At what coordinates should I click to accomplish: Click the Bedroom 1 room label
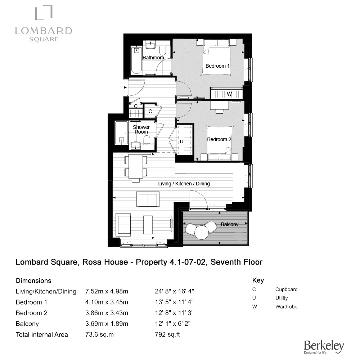(217, 66)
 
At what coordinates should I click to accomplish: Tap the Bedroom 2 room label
(219, 139)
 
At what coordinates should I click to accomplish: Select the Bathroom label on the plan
(153, 58)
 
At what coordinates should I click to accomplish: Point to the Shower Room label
(141, 130)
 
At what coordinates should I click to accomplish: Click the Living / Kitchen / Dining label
(184, 184)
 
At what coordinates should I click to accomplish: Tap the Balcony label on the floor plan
(229, 224)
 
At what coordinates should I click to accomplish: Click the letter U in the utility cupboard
(181, 141)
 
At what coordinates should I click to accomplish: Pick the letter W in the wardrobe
(229, 94)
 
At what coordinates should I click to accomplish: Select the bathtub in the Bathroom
(136, 60)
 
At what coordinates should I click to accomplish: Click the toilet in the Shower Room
(146, 140)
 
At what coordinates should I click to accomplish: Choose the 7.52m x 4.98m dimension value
(107, 291)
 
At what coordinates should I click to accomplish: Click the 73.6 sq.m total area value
(99, 334)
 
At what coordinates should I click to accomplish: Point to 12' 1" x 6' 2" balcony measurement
(172, 324)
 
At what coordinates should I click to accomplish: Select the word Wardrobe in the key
(286, 307)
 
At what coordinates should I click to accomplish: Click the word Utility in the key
(282, 298)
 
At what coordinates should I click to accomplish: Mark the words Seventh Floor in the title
(237, 262)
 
